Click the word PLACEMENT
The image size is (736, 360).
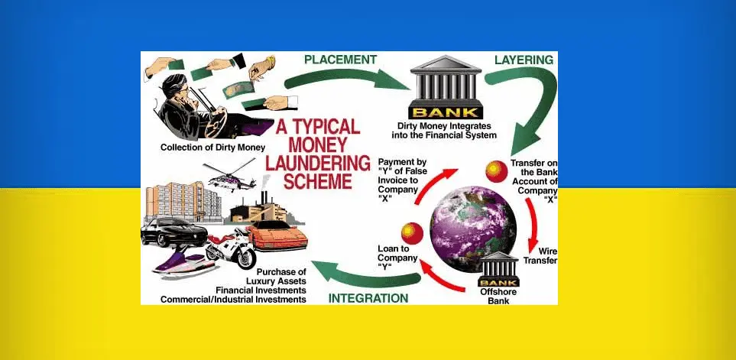point(340,60)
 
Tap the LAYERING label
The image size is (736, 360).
point(524,60)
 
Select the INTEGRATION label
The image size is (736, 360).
point(368,298)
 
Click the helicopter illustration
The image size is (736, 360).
point(229,176)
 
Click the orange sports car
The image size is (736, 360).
point(277,235)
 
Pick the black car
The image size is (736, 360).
point(173,232)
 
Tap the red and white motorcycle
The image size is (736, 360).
point(231,248)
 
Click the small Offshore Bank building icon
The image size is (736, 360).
point(498,269)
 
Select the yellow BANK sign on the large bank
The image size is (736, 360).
point(446,112)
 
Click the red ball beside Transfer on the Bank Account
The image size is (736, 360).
point(497,171)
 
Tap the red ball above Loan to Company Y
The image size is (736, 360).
point(412,233)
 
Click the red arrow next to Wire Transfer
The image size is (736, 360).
point(533,225)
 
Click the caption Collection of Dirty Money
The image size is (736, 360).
point(212,148)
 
